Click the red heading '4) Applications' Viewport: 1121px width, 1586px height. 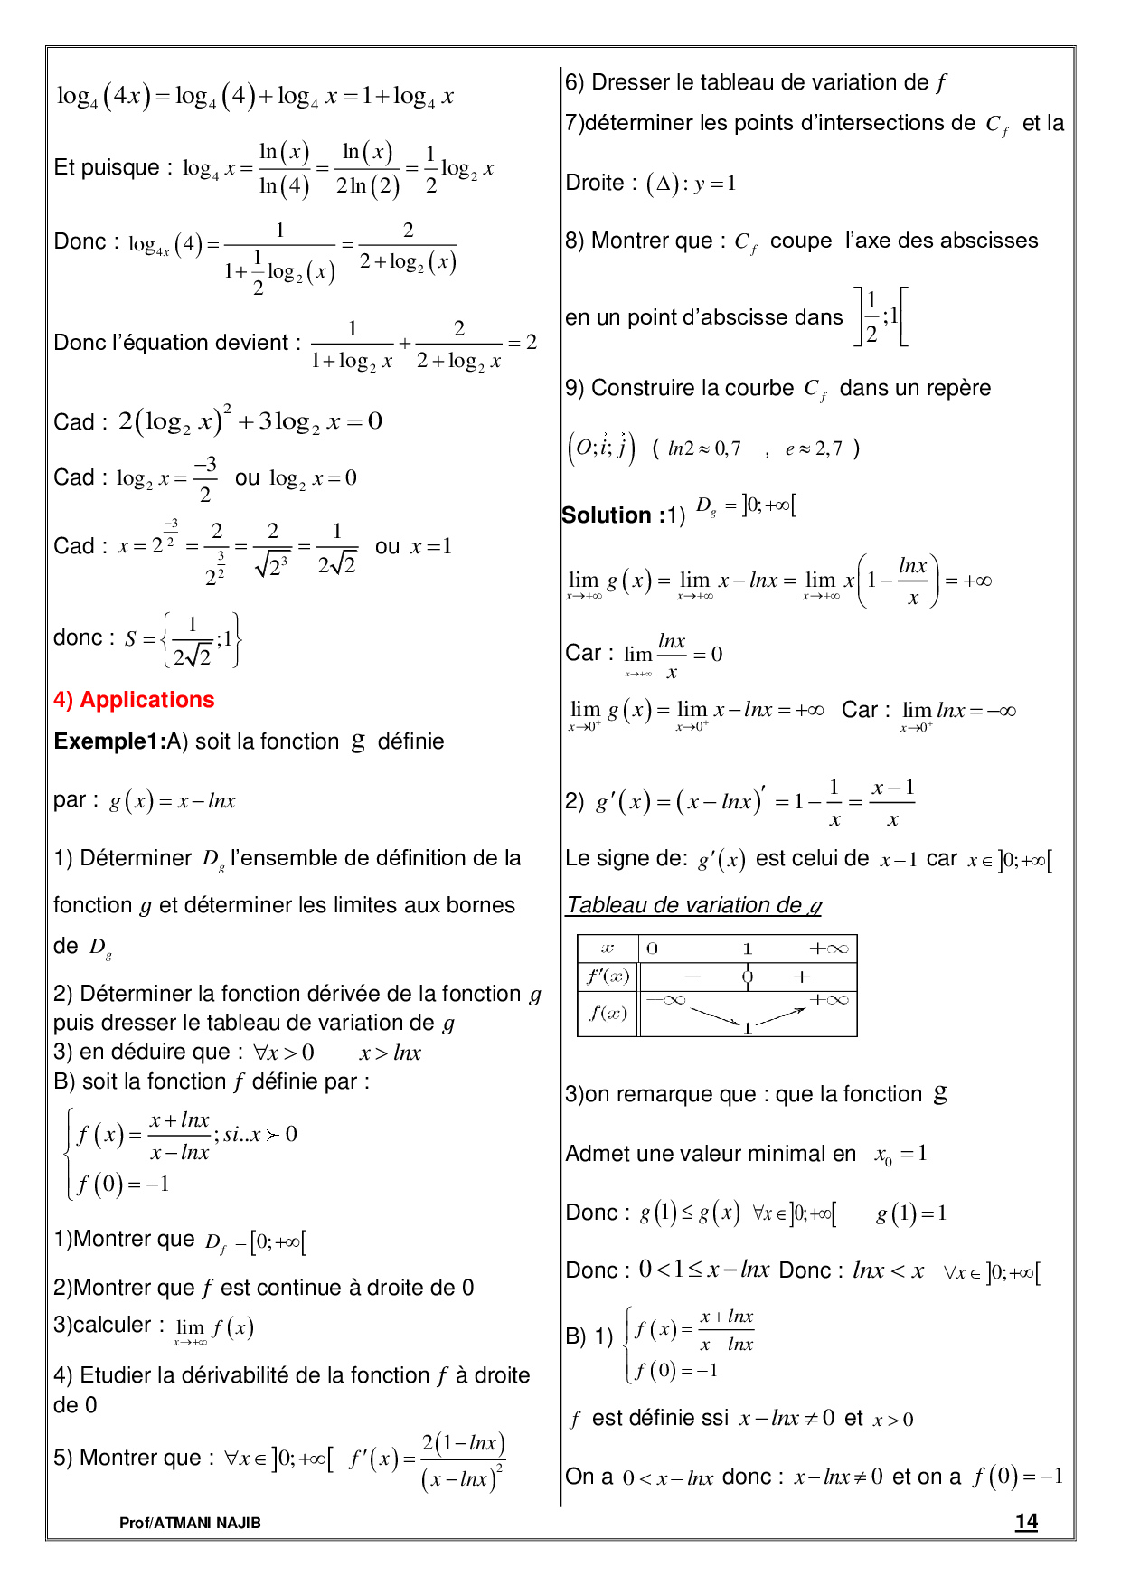[x=134, y=700]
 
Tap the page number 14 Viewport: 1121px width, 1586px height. [x=1026, y=1522]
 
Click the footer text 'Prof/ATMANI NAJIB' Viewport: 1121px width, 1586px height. [x=190, y=1523]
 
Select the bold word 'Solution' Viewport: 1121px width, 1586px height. [x=606, y=515]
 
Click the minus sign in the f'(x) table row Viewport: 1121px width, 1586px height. [x=692, y=977]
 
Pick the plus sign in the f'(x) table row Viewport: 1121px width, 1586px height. [x=802, y=977]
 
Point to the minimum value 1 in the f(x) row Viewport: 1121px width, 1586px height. [x=748, y=1028]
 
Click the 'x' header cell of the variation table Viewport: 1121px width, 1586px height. [x=608, y=949]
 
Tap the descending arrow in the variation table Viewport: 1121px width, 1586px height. [x=715, y=1015]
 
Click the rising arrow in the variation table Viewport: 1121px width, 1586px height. [x=780, y=1016]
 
